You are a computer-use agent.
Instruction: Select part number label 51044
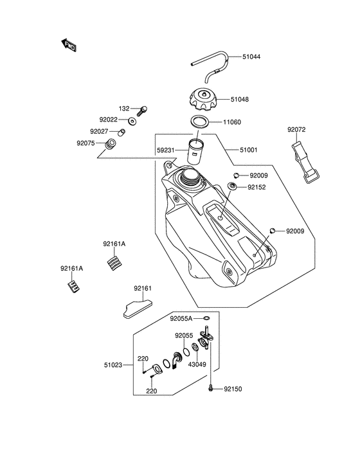251,57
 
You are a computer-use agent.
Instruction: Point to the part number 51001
249,150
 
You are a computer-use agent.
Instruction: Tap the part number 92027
107,132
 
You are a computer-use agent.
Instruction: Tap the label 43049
197,364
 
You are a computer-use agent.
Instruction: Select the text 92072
296,129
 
